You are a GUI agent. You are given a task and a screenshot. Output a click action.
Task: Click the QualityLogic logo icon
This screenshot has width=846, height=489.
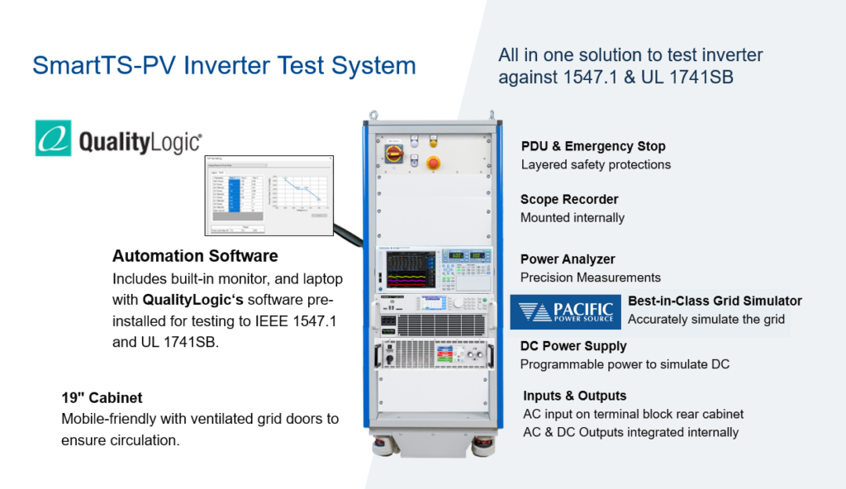(x=53, y=138)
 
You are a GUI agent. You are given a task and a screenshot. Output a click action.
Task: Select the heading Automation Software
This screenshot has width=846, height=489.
(x=195, y=256)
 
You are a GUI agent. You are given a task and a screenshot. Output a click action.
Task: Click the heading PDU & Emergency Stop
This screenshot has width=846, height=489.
(x=593, y=146)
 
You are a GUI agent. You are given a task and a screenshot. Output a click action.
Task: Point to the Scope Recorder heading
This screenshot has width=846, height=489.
(x=569, y=199)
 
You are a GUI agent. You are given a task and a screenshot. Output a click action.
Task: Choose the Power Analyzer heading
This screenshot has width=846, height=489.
(x=568, y=259)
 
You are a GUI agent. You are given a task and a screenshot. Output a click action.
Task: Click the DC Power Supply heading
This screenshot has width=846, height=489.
(x=573, y=346)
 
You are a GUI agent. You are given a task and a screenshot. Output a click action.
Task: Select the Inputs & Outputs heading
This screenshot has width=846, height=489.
(x=574, y=396)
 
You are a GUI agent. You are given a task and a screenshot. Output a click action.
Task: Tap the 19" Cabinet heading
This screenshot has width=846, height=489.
(x=102, y=397)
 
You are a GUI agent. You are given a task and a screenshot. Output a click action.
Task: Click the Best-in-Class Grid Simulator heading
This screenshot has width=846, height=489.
(x=715, y=301)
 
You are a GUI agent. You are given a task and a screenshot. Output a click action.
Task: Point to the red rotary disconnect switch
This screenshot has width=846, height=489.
(x=390, y=154)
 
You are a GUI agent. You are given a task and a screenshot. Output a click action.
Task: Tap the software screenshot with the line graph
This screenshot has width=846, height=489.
(x=269, y=194)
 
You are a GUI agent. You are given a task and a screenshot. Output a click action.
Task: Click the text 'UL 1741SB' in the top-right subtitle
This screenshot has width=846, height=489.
(x=695, y=78)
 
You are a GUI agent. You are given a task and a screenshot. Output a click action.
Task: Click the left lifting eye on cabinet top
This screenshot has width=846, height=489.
(x=373, y=115)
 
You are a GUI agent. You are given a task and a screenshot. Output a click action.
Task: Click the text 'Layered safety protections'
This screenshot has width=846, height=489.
(x=596, y=164)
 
